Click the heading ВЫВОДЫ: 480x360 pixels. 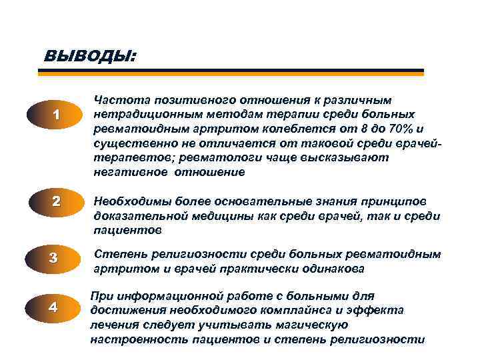pos(89,56)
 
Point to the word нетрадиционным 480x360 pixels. pos(139,115)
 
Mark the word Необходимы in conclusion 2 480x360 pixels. pos(129,202)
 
